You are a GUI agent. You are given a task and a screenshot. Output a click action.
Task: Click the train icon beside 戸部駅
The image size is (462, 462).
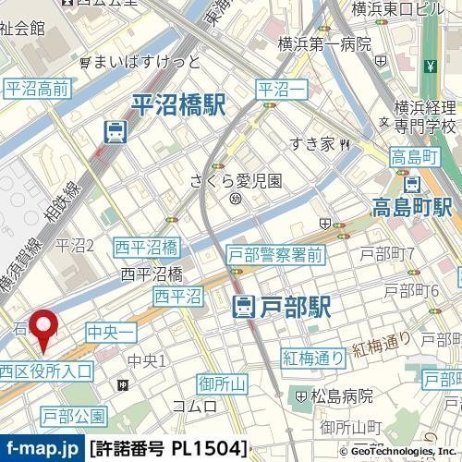[x=244, y=307]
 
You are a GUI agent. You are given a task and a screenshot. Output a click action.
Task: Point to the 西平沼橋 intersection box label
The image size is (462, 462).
[x=146, y=247]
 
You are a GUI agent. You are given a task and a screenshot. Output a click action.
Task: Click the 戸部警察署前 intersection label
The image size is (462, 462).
[x=275, y=254]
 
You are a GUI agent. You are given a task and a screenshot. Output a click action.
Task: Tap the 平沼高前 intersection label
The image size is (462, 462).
[x=37, y=89]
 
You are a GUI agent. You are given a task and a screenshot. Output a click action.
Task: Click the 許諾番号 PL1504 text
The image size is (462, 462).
[x=169, y=449]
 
